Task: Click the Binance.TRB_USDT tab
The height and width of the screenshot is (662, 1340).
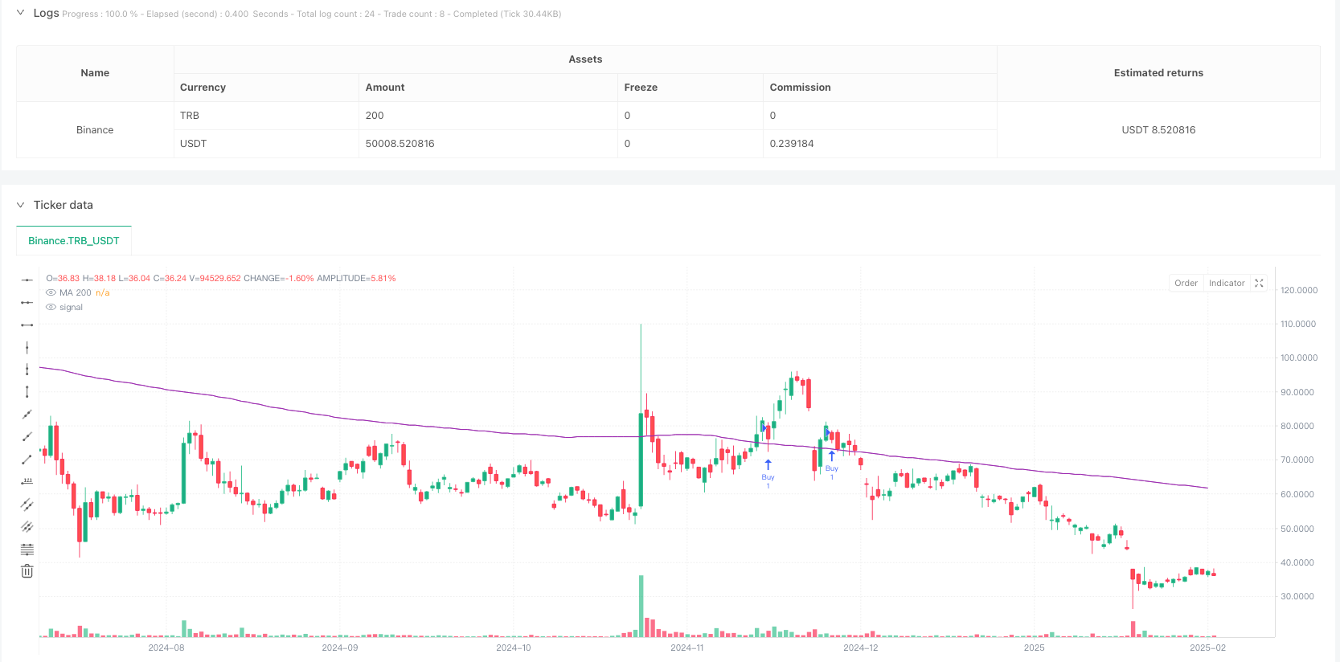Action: tap(73, 240)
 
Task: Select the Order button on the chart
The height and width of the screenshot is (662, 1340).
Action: tap(1186, 283)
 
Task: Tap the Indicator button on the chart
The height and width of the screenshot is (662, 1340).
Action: tap(1226, 283)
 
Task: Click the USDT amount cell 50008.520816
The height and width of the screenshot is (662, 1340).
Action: tap(400, 144)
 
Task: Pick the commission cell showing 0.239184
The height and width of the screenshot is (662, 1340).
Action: tap(791, 144)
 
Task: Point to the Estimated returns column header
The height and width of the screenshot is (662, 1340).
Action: tap(1158, 73)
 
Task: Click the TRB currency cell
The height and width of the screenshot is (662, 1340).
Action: tap(190, 116)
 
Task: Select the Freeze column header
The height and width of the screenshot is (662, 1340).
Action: tap(641, 88)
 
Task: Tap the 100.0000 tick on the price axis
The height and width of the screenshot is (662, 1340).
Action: tap(1298, 358)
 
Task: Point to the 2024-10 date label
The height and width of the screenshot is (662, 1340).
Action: tap(513, 648)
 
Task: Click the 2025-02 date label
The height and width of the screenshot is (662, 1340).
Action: tap(1207, 648)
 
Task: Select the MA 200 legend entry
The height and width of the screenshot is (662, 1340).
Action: tap(75, 292)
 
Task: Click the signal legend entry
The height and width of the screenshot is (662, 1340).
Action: tap(71, 307)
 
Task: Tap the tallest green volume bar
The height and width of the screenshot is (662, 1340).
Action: tap(641, 607)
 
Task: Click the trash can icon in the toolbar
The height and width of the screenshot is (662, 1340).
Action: tap(27, 571)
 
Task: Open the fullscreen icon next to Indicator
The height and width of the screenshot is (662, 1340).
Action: tap(1259, 283)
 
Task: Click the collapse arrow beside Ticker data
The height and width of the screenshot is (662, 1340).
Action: tap(21, 205)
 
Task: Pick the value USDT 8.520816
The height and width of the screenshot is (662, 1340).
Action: tap(1158, 130)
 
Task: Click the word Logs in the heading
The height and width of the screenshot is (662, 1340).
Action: tap(46, 13)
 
